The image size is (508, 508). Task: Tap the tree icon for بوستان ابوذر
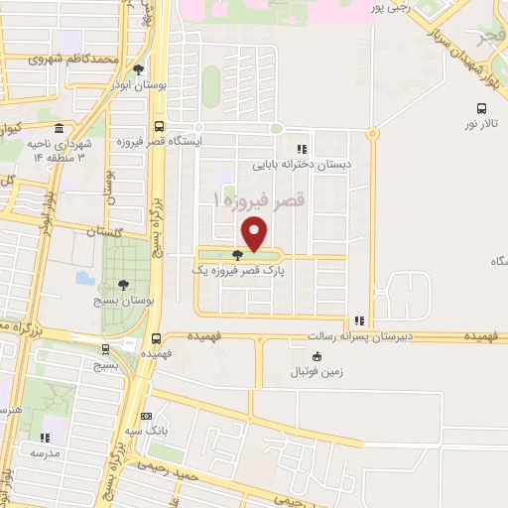137,68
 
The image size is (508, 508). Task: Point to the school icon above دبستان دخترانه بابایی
301,149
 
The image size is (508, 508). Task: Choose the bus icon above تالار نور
480,108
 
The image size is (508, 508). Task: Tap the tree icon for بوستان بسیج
122,286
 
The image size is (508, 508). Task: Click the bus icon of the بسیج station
105,347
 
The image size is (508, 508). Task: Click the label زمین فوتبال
316,372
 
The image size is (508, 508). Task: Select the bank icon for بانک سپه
147,416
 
